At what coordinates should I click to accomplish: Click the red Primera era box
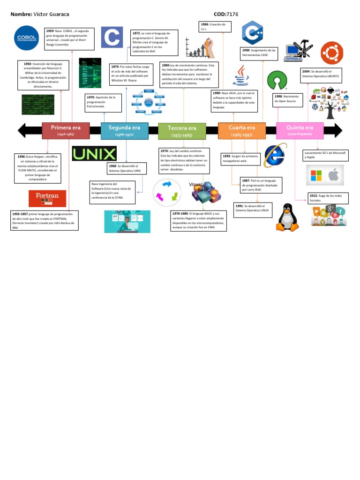(66, 130)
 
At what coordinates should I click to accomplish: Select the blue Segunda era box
(124, 130)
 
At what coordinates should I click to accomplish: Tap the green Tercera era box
(182, 131)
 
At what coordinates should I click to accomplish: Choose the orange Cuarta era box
(242, 130)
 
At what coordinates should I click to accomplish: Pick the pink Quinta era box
(300, 130)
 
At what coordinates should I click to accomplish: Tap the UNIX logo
(95, 154)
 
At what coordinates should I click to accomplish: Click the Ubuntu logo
(332, 53)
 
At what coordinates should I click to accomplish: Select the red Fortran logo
(47, 198)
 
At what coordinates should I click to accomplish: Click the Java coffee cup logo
(241, 76)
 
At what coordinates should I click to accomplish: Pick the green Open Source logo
(277, 81)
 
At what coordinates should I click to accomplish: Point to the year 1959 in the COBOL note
(50, 30)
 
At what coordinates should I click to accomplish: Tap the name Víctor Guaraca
(48, 15)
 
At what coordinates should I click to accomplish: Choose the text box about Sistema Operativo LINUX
(253, 208)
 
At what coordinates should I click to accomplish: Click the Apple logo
(333, 176)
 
